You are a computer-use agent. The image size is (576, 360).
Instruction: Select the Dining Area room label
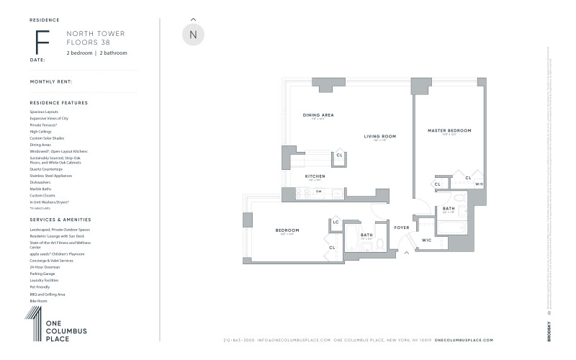pyautogui.click(x=318, y=115)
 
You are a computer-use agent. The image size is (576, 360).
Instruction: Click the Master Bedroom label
pyautogui.click(x=449, y=130)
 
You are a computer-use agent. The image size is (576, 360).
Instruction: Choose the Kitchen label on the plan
pyautogui.click(x=315, y=176)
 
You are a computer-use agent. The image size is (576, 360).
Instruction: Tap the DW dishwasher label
pyautogui.click(x=318, y=192)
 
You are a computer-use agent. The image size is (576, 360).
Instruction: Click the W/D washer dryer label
pyautogui.click(x=480, y=184)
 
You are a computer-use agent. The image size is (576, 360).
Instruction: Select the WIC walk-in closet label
pyautogui.click(x=426, y=240)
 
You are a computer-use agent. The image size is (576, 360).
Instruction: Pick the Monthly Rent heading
pyautogui.click(x=51, y=81)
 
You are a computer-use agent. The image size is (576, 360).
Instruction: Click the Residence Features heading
pyautogui.click(x=59, y=103)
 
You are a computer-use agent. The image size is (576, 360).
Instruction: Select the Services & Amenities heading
pyautogui.click(x=60, y=219)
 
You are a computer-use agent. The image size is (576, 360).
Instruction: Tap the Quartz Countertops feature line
pyautogui.click(x=46, y=169)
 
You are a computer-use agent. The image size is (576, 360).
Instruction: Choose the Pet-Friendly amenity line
pyautogui.click(x=40, y=287)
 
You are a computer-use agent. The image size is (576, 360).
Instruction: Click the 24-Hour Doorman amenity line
pyautogui.click(x=44, y=267)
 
